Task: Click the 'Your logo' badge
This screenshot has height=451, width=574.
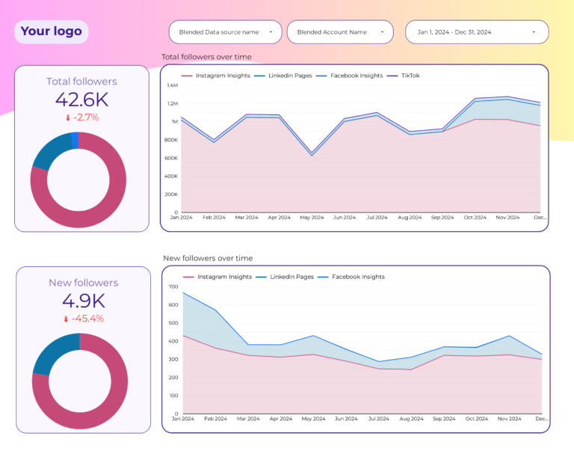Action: click(x=51, y=31)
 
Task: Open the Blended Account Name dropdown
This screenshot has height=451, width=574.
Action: click(x=340, y=32)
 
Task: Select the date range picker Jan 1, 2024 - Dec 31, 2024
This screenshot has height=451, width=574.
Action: click(x=476, y=32)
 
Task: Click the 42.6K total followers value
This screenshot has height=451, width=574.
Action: click(x=81, y=99)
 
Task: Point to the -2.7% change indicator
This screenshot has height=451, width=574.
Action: click(x=81, y=117)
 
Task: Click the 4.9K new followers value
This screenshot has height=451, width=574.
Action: click(x=83, y=301)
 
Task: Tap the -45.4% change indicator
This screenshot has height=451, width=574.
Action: click(x=83, y=319)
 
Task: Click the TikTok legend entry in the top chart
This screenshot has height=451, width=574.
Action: click(x=410, y=76)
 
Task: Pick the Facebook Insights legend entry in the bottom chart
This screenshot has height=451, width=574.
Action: click(x=357, y=277)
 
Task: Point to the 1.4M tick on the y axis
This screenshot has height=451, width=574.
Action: click(x=172, y=85)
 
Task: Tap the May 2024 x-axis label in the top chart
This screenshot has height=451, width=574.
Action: click(x=312, y=218)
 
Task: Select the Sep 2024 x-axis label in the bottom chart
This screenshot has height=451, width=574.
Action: click(x=443, y=419)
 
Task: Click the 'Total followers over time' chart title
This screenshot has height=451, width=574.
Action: click(x=206, y=57)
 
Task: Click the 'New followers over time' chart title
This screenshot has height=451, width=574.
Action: click(x=208, y=258)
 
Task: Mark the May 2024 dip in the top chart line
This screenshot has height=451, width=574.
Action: click(x=312, y=154)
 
